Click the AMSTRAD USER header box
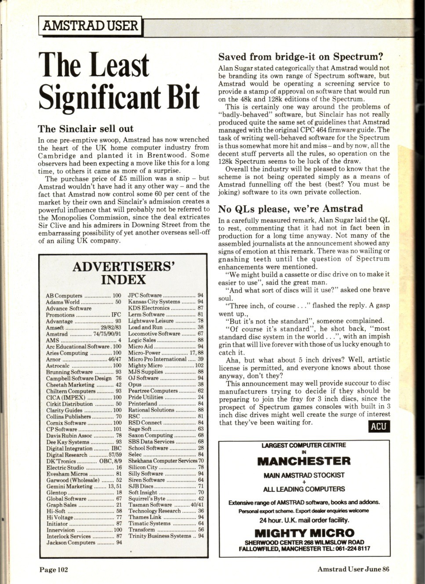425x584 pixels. [90, 26]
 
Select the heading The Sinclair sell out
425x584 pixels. [86, 129]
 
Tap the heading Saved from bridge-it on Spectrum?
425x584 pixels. [301, 57]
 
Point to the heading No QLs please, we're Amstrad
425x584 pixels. [291, 208]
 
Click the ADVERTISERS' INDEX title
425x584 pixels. [124, 273]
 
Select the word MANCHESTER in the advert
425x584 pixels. [304, 461]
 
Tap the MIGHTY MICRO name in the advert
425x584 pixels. [304, 533]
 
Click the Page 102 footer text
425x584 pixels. [54, 570]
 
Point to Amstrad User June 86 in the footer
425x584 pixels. [353, 570]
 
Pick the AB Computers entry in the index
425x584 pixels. [64, 296]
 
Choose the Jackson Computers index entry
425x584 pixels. [71, 542]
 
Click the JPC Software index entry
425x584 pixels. [145, 295]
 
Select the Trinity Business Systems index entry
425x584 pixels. [160, 536]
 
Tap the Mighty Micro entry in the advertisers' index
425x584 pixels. [145, 365]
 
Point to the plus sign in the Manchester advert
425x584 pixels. [304, 482]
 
